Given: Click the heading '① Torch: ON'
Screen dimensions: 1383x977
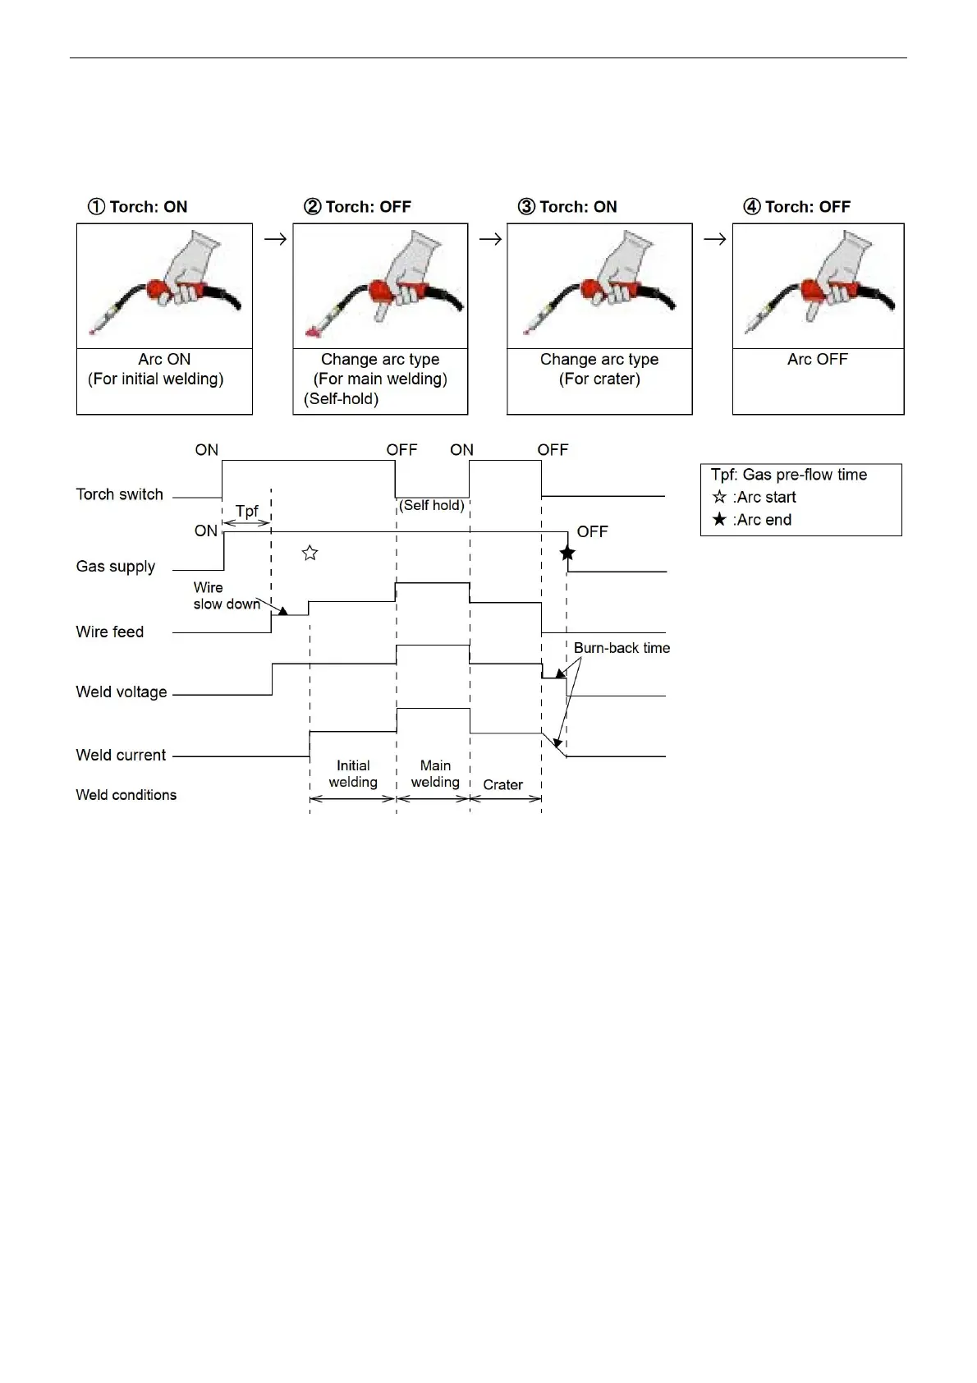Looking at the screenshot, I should pyautogui.click(x=138, y=207).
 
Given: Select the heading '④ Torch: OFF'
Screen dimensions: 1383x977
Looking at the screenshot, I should pyautogui.click(x=797, y=207).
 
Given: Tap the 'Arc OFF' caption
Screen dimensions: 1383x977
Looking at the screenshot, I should pyautogui.click(x=817, y=360).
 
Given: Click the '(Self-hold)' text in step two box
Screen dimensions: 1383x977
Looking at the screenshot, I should pyautogui.click(x=341, y=399).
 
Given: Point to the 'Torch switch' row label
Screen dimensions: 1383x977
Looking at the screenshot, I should pyautogui.click(x=120, y=494).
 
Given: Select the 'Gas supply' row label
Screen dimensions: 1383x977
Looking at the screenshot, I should pyautogui.click(x=116, y=567).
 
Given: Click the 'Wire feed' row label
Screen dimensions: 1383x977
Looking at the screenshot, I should pyautogui.click(x=110, y=632).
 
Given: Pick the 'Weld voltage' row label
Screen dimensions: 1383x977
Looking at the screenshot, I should pyautogui.click(x=122, y=692).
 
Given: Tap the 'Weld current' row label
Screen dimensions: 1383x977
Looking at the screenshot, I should pyautogui.click(x=121, y=755).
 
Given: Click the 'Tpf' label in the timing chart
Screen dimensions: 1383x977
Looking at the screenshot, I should pyautogui.click(x=246, y=511).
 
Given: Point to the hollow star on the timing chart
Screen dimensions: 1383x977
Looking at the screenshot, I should pyautogui.click(x=310, y=553).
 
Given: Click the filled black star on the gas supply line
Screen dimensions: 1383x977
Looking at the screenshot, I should pyautogui.click(x=567, y=553).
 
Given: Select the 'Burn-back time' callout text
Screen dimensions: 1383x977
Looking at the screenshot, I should pyautogui.click(x=622, y=648).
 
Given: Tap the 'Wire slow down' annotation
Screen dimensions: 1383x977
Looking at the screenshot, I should pyautogui.click(x=225, y=596).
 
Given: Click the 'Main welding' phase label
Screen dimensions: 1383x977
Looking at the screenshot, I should pyautogui.click(x=435, y=774).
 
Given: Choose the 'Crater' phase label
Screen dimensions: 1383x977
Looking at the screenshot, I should pyautogui.click(x=502, y=785).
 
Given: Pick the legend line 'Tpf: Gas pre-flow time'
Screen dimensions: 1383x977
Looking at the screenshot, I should pyautogui.click(x=789, y=475).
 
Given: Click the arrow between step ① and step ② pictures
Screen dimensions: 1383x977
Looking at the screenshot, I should pyautogui.click(x=275, y=239).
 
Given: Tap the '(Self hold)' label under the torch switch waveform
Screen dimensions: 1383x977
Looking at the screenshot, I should pyautogui.click(x=432, y=506).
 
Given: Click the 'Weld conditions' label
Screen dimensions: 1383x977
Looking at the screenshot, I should pyautogui.click(x=126, y=795).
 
